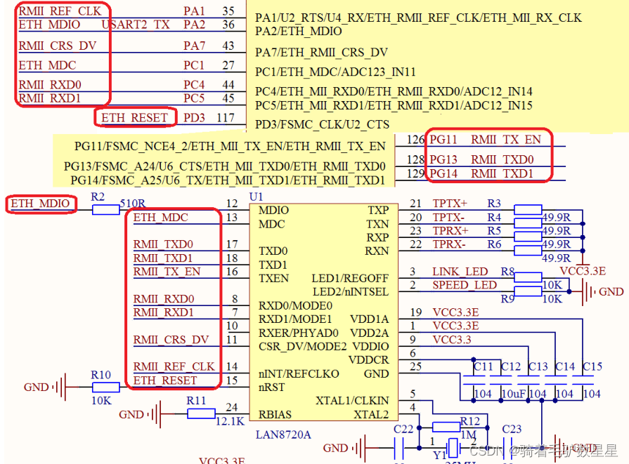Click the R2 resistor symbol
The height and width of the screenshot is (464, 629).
[x=106, y=209]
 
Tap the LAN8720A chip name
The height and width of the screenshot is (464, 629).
[x=284, y=435]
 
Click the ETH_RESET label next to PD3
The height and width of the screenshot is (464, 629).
[x=134, y=117]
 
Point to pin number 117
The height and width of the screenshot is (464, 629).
[x=225, y=117]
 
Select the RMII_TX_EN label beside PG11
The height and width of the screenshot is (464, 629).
[x=506, y=140]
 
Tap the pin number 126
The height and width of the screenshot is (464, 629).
[x=415, y=140]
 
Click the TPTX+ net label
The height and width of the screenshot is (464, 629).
[x=450, y=204]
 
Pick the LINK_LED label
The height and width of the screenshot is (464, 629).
[x=460, y=271]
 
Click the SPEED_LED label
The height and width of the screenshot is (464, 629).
[x=464, y=285]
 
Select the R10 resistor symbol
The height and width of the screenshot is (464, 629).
[x=106, y=387]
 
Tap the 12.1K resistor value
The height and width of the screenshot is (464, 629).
[x=231, y=421]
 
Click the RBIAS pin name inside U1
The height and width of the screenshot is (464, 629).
[x=275, y=414]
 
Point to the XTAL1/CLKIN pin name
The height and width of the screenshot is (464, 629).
[x=351, y=401]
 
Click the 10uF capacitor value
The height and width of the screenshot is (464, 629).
[x=510, y=394]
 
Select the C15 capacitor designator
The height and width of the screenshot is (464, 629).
[x=592, y=366]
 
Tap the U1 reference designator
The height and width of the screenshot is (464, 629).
[x=257, y=197]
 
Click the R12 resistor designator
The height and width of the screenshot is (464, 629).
[x=469, y=421]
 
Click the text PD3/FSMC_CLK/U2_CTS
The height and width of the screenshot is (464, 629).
[x=322, y=124]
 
